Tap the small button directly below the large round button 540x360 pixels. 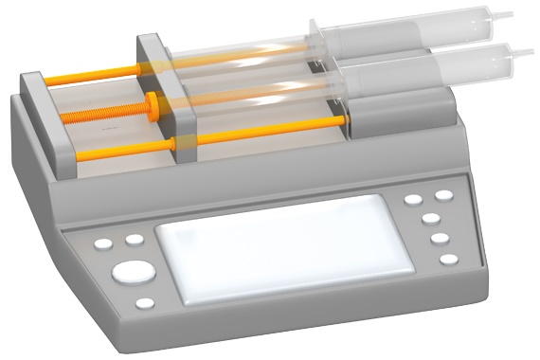pos(145,304)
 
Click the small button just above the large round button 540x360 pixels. pos(135,240)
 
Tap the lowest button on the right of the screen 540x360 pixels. pos(448,259)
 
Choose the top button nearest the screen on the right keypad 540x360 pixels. pos(414,200)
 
